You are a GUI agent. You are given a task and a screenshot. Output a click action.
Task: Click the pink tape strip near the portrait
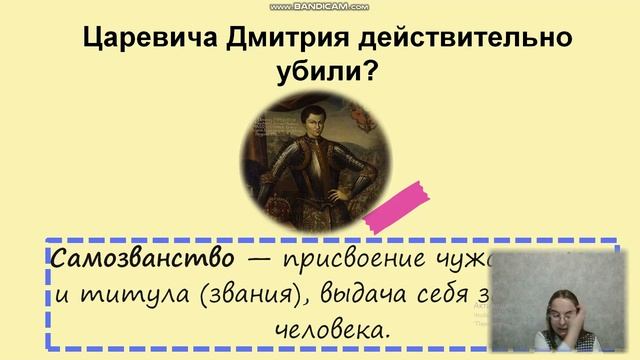401,201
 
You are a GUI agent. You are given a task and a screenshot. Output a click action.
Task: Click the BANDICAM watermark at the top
319,7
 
